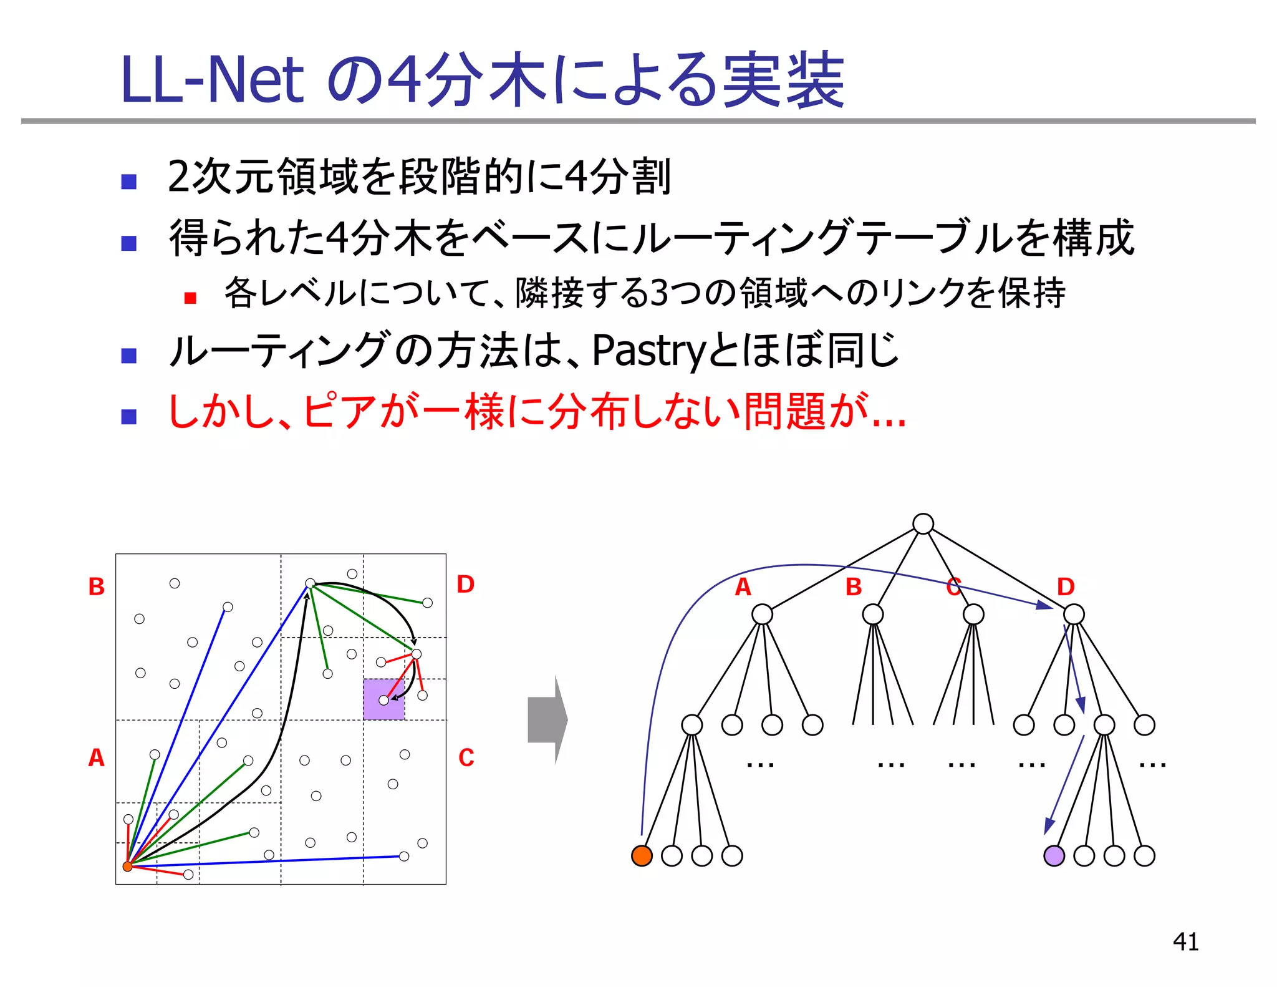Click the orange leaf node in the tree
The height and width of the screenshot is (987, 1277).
click(642, 855)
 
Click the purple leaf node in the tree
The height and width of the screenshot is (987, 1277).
click(1054, 855)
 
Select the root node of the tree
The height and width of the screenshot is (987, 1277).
click(923, 523)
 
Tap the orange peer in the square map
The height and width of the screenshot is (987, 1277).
click(127, 866)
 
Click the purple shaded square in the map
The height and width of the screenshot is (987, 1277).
click(384, 699)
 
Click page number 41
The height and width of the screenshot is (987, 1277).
click(1185, 941)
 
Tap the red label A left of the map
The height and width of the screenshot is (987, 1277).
click(96, 757)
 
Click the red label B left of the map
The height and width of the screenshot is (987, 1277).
click(96, 586)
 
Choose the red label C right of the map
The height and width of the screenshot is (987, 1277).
click(466, 757)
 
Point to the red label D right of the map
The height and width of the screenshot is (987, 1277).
click(465, 584)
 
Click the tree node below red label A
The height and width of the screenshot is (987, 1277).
click(762, 615)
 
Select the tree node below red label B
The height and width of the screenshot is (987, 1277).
click(873, 615)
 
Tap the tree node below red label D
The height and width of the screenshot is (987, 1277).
click(1074, 615)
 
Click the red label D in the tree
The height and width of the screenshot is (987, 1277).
click(1066, 587)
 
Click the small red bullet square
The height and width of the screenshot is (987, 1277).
click(190, 298)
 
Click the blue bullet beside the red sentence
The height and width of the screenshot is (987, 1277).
click(129, 416)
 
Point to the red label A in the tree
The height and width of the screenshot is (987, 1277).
click(743, 587)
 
